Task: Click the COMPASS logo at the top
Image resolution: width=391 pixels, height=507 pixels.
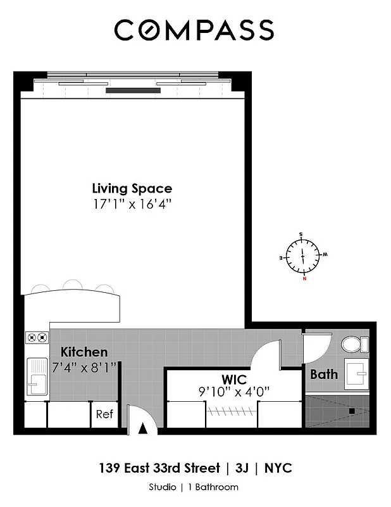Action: tap(194, 30)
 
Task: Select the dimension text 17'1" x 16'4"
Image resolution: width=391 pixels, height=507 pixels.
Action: tap(132, 204)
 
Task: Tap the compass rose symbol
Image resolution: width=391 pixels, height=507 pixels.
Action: tap(302, 255)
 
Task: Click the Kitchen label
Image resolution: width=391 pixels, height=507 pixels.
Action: tap(84, 352)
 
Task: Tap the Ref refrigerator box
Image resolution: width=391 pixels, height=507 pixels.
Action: tap(104, 414)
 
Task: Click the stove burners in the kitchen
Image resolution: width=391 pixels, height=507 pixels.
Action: tap(37, 338)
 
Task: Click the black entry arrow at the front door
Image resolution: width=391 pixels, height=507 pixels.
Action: tap(142, 428)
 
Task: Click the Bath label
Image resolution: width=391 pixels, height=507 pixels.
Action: tap(323, 375)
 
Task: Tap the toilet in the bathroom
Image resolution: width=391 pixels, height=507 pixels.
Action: tap(353, 345)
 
